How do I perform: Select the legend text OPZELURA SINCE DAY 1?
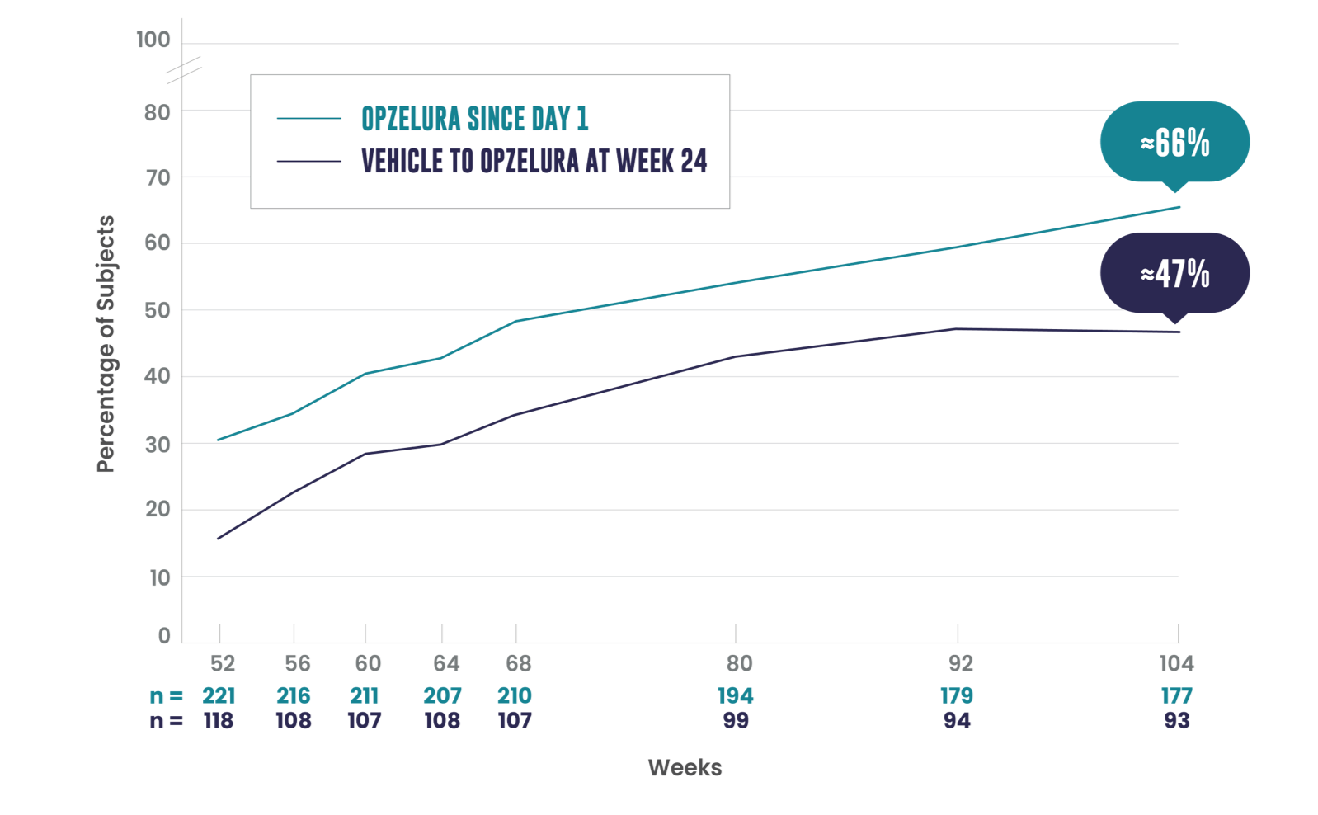(474, 119)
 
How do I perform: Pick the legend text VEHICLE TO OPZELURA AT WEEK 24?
(534, 161)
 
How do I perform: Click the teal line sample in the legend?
(308, 119)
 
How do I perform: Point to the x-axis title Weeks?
(684, 770)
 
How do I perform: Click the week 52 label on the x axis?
(222, 663)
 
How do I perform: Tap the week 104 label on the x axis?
(1177, 663)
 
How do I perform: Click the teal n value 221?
(219, 699)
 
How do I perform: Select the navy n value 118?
(219, 725)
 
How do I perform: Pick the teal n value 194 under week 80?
(736, 699)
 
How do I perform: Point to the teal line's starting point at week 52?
(218, 440)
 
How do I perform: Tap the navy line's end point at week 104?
(1179, 332)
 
